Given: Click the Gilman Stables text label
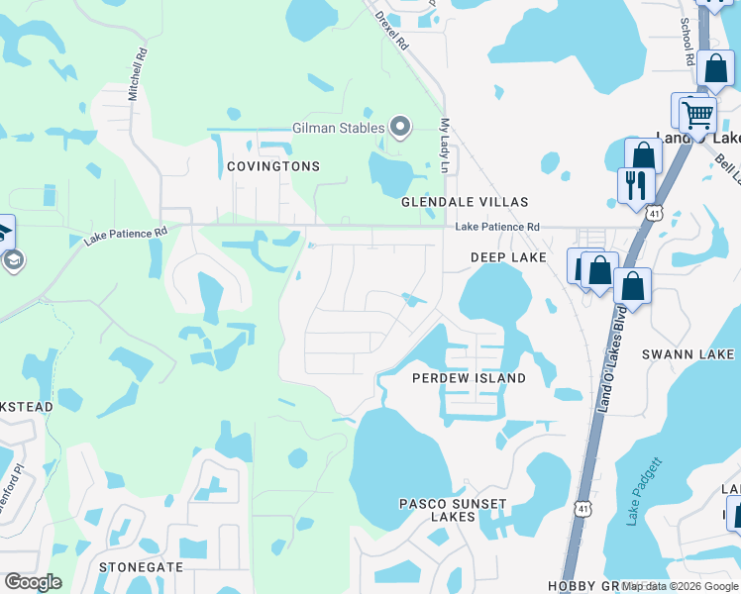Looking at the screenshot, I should click(x=336, y=128).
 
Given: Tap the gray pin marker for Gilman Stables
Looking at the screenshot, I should click(x=400, y=127).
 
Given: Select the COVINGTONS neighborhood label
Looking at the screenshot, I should click(x=273, y=166).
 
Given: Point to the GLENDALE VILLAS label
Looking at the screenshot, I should click(x=465, y=202).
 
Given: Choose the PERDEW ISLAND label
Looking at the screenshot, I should click(x=469, y=379).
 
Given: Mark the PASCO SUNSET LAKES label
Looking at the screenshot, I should click(x=453, y=511).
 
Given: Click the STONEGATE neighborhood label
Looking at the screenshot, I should click(x=142, y=567).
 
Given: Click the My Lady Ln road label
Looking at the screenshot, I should click(x=444, y=147).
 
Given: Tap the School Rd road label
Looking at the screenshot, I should click(x=686, y=43).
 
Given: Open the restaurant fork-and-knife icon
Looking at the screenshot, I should click(x=634, y=185).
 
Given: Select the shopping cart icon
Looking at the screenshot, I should click(x=698, y=114).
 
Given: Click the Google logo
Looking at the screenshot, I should click(x=33, y=582).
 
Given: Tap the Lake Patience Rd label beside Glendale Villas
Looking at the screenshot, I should click(x=497, y=227).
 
